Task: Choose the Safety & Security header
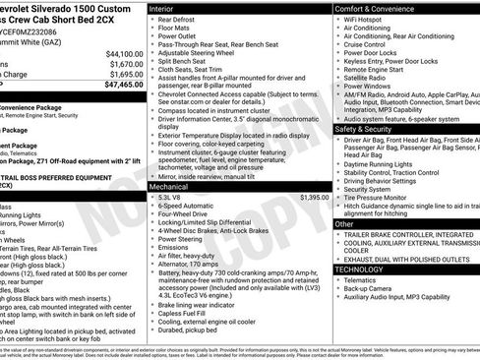click(x=370, y=129)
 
